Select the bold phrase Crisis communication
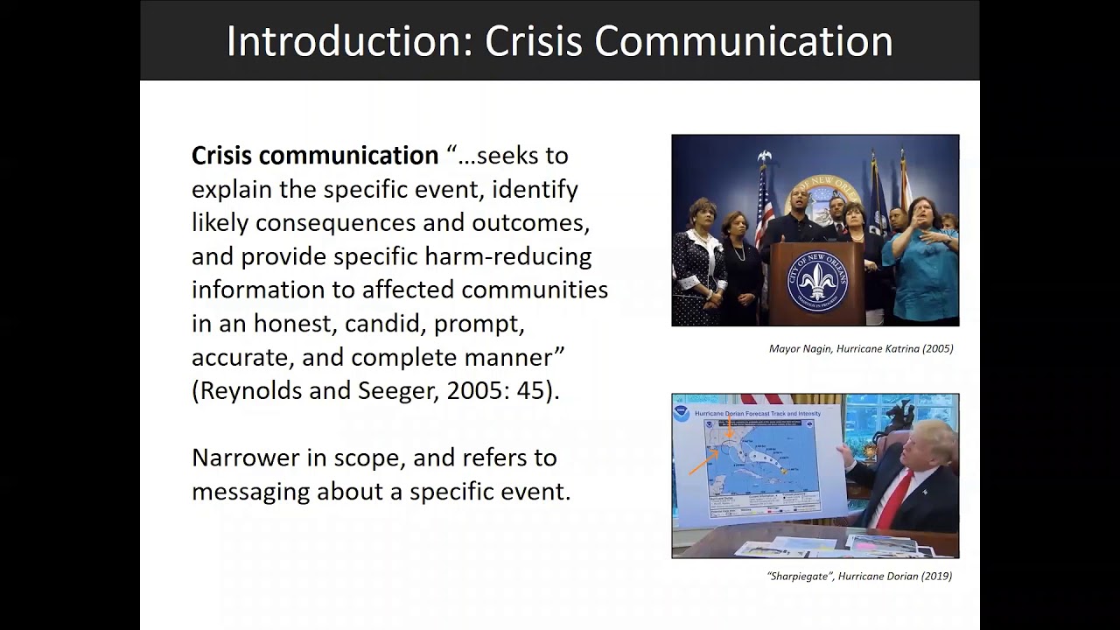click(314, 156)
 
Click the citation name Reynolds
click(251, 390)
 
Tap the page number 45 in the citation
click(531, 390)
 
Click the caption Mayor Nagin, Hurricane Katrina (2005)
click(860, 348)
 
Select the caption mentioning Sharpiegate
click(858, 576)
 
